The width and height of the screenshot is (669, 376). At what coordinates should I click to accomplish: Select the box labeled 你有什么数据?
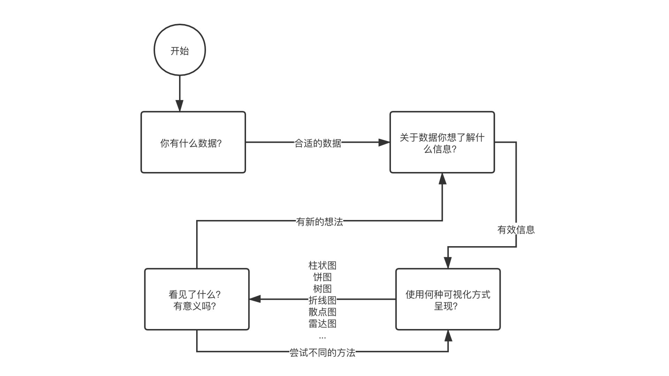(193, 142)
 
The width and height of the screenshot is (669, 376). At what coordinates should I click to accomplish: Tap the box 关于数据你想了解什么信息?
(442, 142)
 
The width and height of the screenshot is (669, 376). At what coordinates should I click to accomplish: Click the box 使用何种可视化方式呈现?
(448, 299)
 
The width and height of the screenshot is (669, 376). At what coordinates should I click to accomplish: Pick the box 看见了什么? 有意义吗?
(197, 299)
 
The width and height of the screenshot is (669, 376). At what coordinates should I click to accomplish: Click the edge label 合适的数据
(318, 143)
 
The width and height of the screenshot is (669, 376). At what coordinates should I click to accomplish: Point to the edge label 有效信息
(516, 230)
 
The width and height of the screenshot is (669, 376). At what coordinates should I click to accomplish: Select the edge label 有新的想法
(320, 222)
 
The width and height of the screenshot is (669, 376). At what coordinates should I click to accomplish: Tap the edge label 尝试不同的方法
(322, 353)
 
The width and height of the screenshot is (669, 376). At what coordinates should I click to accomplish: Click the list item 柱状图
(322, 266)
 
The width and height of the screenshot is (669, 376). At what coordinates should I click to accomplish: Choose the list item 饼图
(322, 277)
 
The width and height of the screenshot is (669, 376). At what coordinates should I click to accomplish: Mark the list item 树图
(322, 289)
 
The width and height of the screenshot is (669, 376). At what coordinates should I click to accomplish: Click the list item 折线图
(322, 300)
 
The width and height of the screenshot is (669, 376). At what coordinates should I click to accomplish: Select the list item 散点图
(322, 312)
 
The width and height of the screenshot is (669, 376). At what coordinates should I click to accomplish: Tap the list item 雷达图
(322, 324)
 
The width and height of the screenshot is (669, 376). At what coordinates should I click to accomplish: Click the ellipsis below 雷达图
(322, 337)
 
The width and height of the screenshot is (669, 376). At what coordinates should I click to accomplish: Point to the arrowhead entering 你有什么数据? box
(179, 106)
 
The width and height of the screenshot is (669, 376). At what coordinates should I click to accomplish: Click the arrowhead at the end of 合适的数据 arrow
(384, 142)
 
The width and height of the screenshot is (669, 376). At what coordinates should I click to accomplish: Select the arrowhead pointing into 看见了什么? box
(255, 299)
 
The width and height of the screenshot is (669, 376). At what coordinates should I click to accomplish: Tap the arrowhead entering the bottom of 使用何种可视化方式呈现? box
(448, 336)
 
